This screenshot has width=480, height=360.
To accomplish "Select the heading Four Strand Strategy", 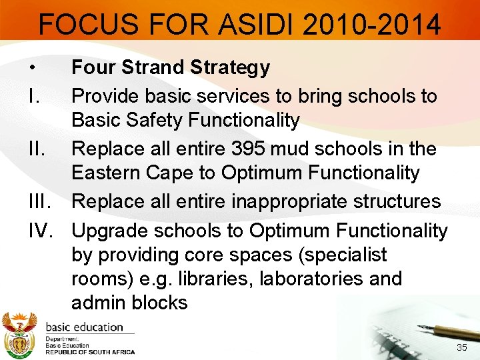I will (171, 67).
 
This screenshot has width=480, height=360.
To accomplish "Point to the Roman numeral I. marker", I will (32, 97).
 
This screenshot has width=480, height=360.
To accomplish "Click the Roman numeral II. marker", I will (35, 149).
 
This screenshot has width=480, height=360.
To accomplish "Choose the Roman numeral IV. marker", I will (41, 231).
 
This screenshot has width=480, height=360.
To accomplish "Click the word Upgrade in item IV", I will (111, 231).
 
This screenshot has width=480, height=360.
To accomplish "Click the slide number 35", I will (461, 348).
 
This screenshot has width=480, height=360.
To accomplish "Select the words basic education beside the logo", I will (84, 327).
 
